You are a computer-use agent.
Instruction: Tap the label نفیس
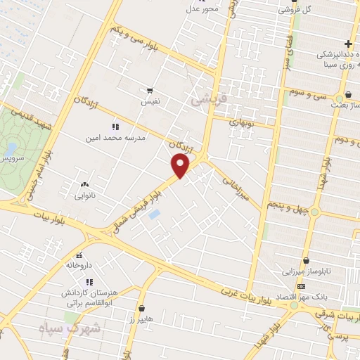[x=150, y=102]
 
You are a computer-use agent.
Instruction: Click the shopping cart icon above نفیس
[x=150, y=91]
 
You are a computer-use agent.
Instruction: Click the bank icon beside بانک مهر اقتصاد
[x=302, y=286]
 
